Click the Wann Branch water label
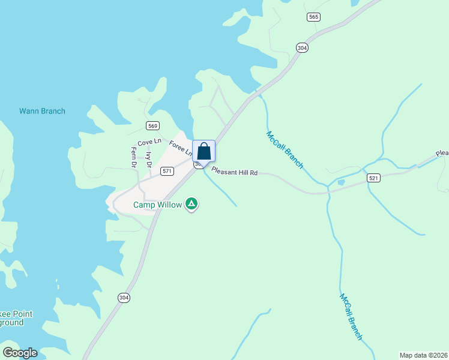point(42,111)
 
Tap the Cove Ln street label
point(149,142)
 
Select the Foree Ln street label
point(179,148)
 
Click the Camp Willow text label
point(157,205)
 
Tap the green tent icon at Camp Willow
point(191,205)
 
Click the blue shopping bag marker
point(204,151)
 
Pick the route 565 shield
point(313,17)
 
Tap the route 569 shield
point(152,125)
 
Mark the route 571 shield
point(167,171)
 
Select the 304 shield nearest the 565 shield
point(302,48)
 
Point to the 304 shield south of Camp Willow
point(124,297)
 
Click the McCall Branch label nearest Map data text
point(351,317)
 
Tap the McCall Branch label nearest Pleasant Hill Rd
point(285,149)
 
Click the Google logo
point(20,353)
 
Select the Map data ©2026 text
point(424,355)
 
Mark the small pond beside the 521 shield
point(342,182)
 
